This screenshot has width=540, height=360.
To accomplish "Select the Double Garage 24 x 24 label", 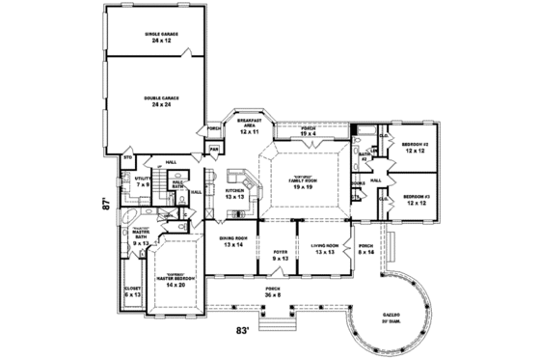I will [x=162, y=99].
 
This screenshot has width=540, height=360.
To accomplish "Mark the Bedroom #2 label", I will [x=415, y=147].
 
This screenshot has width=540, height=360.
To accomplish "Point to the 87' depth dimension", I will [x=97, y=205].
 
